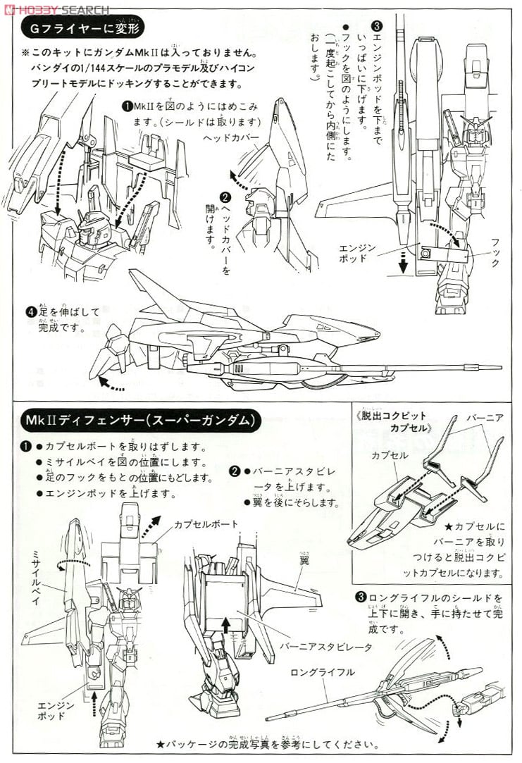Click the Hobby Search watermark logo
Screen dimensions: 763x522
coord(56,9)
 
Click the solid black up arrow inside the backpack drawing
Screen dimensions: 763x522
coord(226,624)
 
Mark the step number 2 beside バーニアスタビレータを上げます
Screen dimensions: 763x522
coord(235,471)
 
